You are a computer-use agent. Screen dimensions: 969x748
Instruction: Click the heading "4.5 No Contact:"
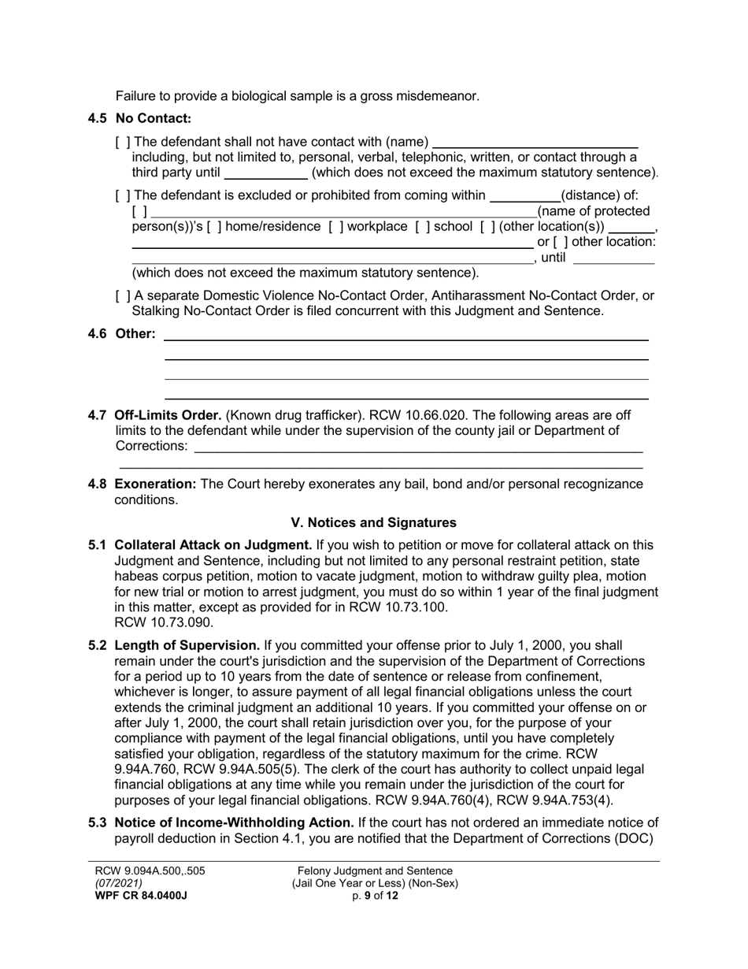click(139, 119)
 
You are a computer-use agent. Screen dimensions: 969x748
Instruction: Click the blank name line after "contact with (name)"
click(535, 143)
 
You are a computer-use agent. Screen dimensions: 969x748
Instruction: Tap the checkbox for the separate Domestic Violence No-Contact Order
click(123, 296)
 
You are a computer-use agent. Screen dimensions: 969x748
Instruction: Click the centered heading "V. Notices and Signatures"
click(373, 522)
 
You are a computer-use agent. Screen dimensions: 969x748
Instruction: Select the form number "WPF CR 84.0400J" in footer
click(141, 896)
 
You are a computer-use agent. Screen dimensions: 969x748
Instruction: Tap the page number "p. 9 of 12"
click(376, 896)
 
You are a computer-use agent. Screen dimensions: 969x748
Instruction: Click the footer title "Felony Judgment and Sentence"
click(375, 871)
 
